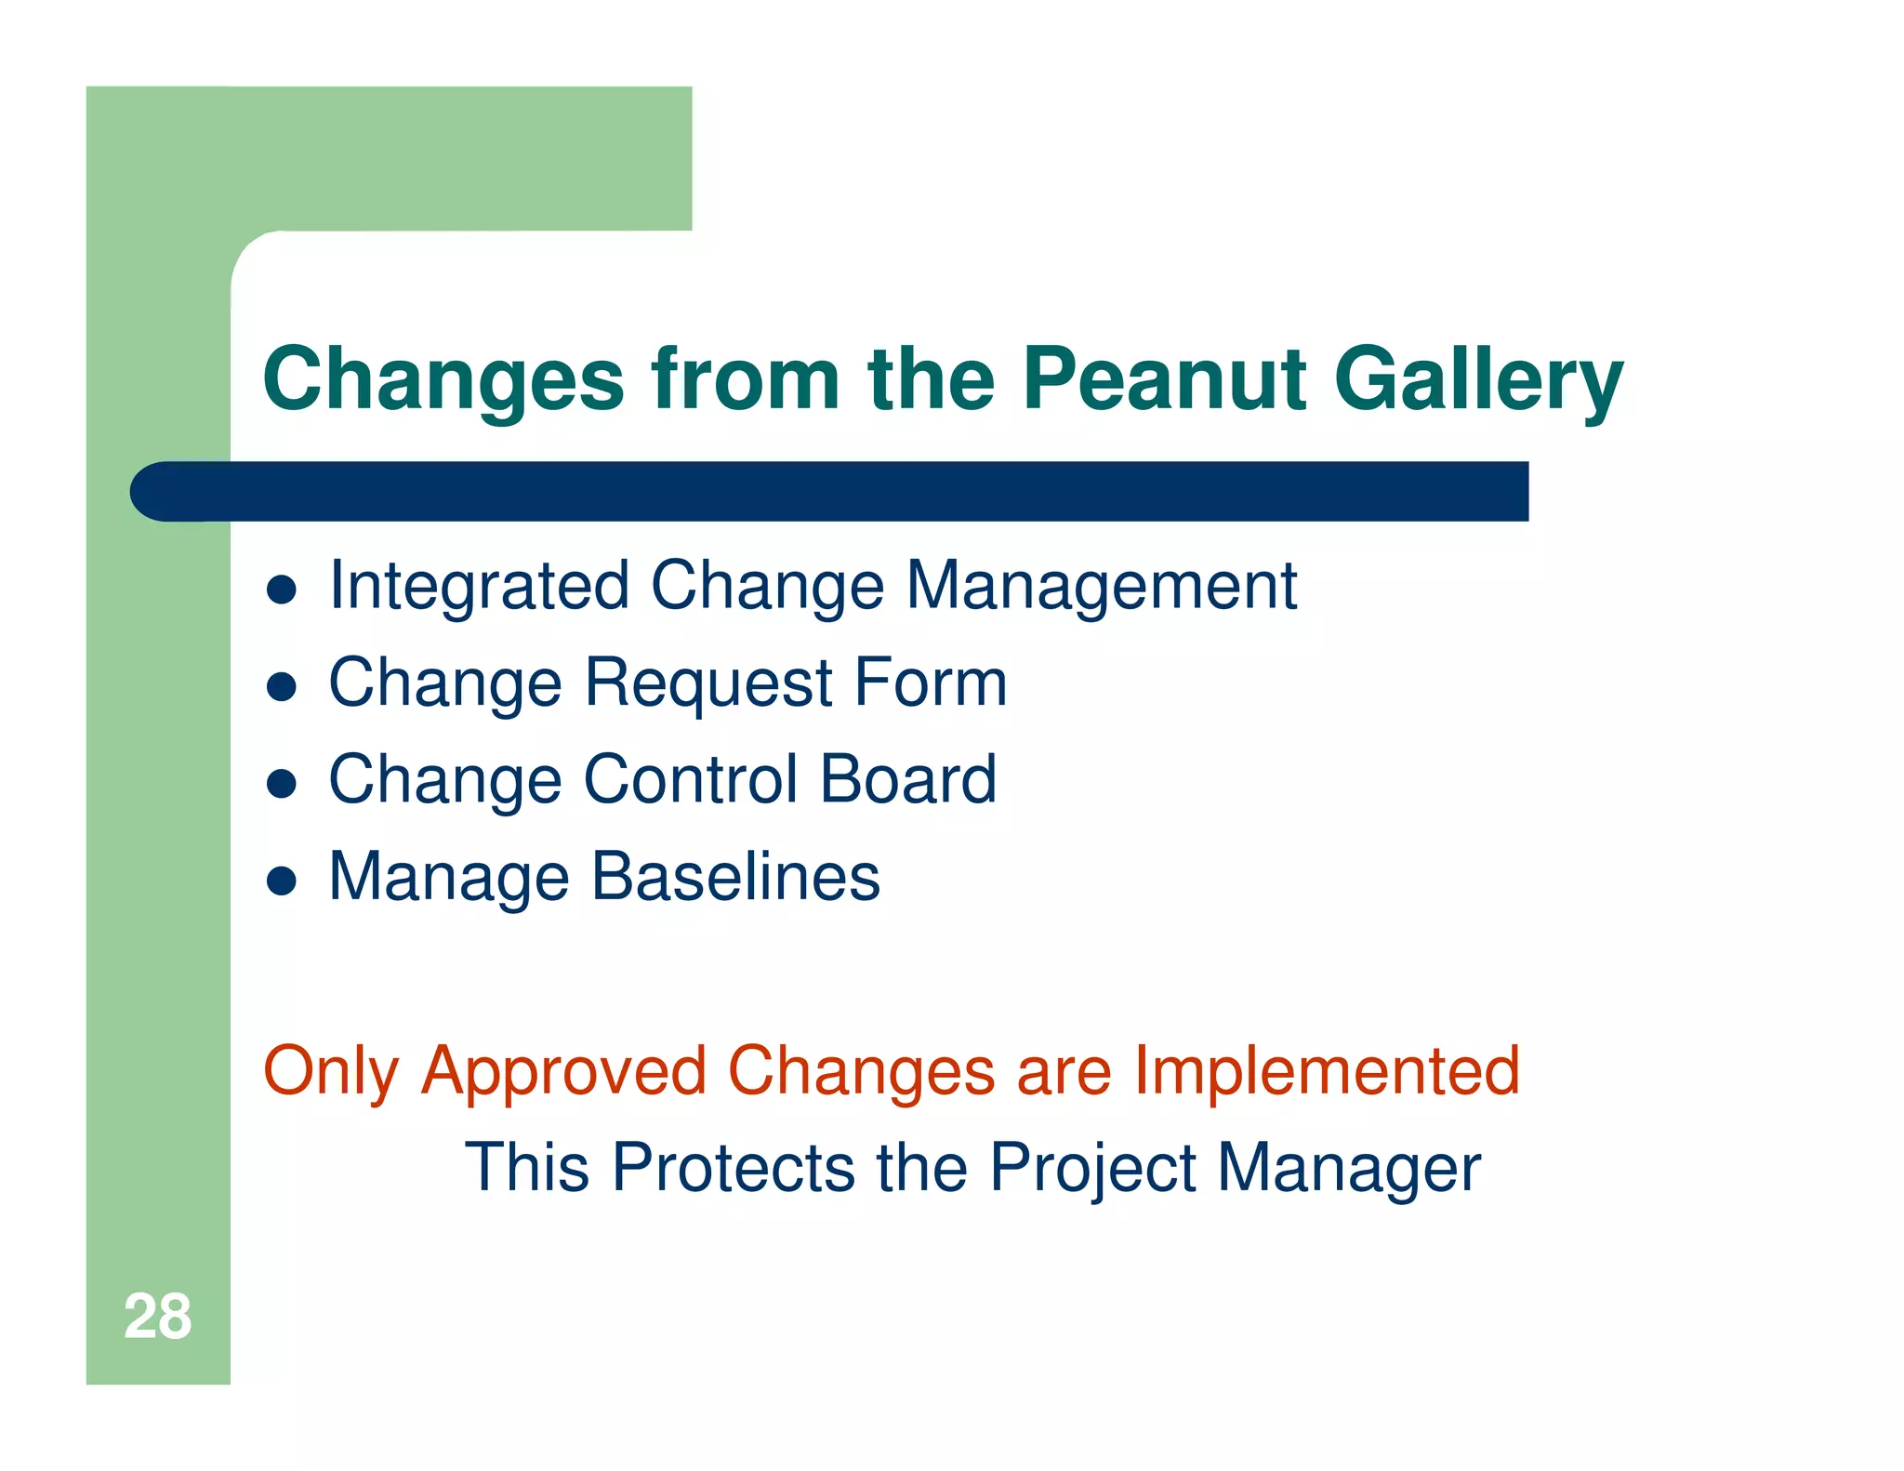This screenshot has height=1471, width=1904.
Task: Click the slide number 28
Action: (157, 1317)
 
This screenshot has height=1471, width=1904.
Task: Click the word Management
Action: (1102, 588)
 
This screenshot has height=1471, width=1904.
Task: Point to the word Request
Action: (708, 684)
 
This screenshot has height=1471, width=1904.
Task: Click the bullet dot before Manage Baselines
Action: (281, 880)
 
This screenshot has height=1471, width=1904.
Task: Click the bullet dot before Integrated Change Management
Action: (281, 590)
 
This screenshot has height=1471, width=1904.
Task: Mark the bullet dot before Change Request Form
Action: (281, 686)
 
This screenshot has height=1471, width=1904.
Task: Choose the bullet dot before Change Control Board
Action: (281, 783)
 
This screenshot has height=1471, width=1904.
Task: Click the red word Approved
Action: (564, 1072)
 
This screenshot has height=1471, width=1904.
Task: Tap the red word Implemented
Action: (1327, 1070)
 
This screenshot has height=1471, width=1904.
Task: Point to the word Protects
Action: (733, 1167)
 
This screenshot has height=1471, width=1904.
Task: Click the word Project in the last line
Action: (1092, 1169)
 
